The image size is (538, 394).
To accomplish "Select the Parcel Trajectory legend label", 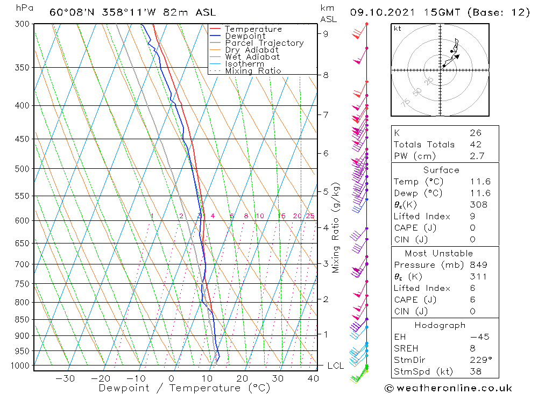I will click(264, 43).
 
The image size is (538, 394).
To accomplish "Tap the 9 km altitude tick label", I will click(326, 33).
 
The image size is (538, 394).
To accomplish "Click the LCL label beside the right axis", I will click(336, 366).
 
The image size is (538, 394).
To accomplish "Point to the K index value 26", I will click(476, 133).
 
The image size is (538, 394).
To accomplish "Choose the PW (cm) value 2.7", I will click(477, 156).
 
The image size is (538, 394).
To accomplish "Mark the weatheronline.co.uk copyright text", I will click(448, 388).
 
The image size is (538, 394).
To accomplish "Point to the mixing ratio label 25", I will click(310, 216).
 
